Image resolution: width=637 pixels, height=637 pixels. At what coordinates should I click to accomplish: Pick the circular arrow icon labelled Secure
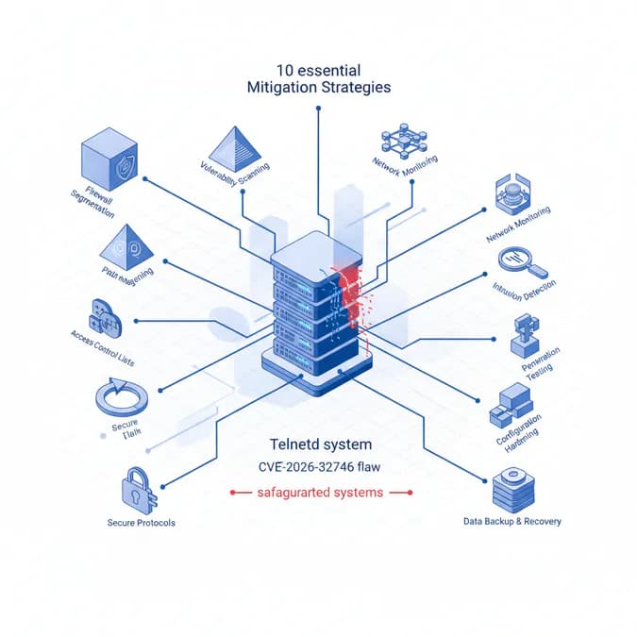(x=121, y=397)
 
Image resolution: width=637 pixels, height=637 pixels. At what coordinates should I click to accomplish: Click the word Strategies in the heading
(x=355, y=87)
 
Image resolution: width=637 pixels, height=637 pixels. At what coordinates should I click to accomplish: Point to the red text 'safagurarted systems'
(x=320, y=492)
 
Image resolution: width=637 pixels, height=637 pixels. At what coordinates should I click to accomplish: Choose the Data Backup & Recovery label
(x=512, y=521)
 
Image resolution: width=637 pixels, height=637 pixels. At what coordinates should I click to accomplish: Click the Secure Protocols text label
(x=141, y=522)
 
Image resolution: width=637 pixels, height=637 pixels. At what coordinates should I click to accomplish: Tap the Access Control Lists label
(x=104, y=336)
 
